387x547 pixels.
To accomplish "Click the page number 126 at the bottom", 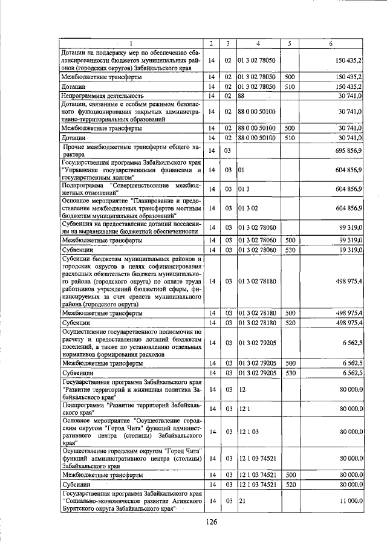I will (x=210, y=522).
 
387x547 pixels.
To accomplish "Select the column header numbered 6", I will (x=330, y=43).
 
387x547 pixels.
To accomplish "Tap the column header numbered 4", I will (x=258, y=43).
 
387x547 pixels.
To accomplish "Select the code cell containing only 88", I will (x=241, y=95).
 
